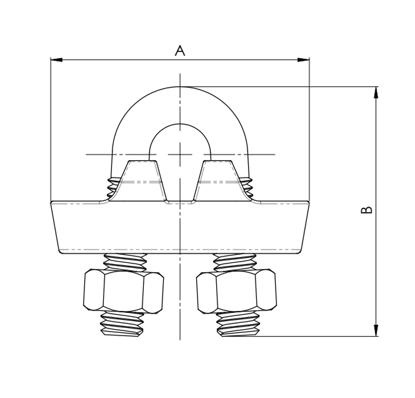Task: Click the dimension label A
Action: pos(180,51)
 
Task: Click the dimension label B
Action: pos(367,210)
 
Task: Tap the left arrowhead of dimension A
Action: pos(56,60)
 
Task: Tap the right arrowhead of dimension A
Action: pos(303,60)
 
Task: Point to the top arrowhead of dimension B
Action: pos(376,93)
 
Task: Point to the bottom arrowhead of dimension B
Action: pos(376,330)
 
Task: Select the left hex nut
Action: pos(124,292)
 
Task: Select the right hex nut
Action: pos(236,292)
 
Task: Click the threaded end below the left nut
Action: pos(122,324)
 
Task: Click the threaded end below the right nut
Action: pos(238,324)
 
